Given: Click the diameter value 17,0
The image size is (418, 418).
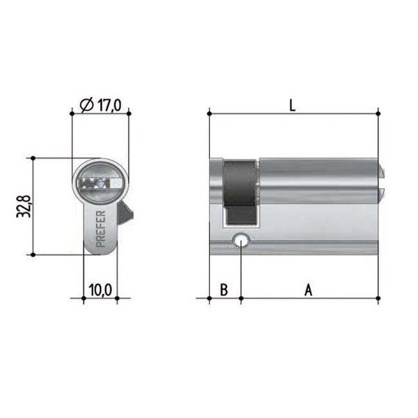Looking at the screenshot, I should (x=109, y=105).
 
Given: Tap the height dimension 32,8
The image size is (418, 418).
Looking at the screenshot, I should (x=22, y=206).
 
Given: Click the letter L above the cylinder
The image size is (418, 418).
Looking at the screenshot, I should (x=293, y=106).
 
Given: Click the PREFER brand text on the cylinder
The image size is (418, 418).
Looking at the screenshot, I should (x=99, y=229).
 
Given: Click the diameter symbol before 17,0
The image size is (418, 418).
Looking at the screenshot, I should (x=86, y=105).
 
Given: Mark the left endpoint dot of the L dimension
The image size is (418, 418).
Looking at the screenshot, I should (x=210, y=112).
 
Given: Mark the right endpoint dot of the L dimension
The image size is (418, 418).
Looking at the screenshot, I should (x=378, y=112).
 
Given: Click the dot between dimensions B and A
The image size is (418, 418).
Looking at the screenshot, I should (x=240, y=298).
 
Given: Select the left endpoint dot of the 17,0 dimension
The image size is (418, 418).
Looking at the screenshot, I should (x=72, y=112).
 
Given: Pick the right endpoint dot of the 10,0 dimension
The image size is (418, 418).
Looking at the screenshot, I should (x=116, y=298).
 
